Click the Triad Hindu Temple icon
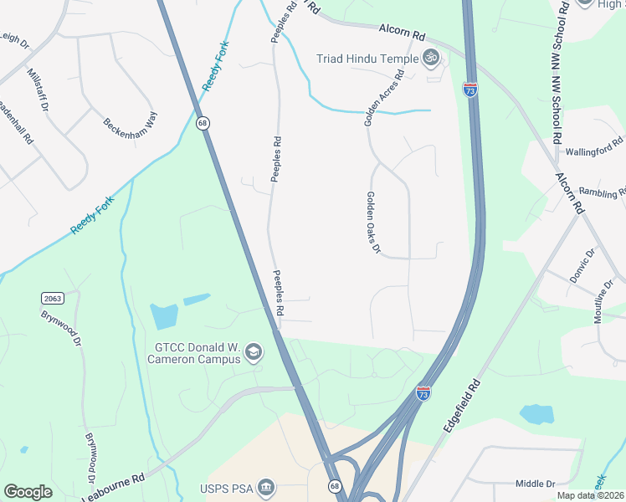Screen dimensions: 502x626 click(431, 58)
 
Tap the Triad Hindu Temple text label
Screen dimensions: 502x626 click(367, 58)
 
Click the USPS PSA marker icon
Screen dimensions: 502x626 click(266, 487)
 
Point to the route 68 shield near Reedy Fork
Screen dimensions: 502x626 click(203, 123)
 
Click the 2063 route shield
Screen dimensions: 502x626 click(52, 298)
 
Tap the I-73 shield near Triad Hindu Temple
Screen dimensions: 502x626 click(470, 89)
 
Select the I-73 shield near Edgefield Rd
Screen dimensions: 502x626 click(423, 392)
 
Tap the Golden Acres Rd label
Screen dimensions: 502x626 click(384, 99)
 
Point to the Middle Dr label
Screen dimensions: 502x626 click(536, 484)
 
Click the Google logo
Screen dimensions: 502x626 click(28, 492)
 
